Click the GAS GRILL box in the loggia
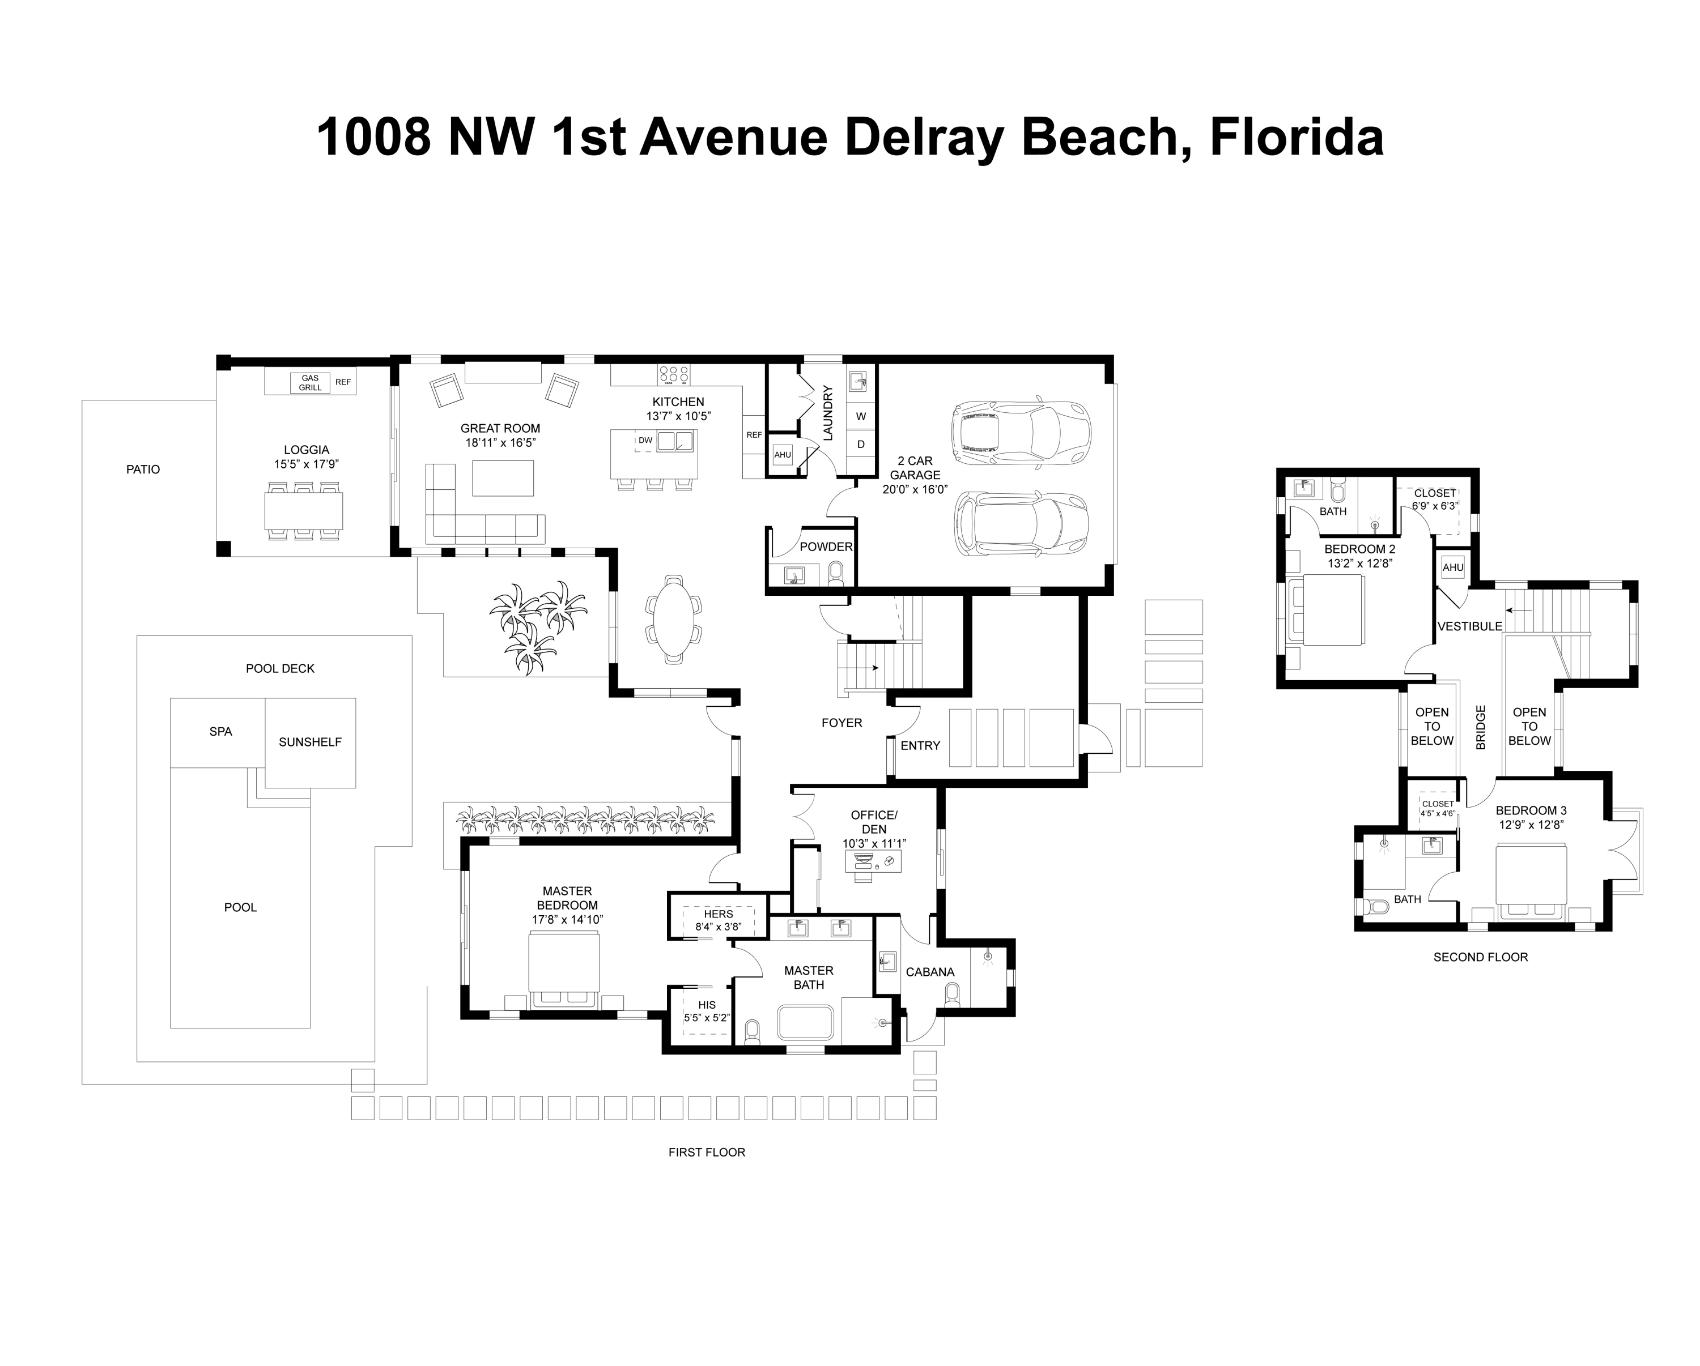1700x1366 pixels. coord(310,383)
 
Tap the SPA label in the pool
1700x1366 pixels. coord(221,732)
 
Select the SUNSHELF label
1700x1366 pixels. coord(310,742)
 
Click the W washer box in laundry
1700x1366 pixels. coord(861,416)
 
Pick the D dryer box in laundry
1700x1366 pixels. coord(861,445)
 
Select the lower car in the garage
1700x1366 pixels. coord(1021,523)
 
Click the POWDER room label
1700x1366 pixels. coord(826,547)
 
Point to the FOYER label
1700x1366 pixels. coord(841,723)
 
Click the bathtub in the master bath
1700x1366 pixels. coord(805,1023)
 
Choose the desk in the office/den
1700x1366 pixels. coord(872,863)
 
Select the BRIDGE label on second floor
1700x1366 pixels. coord(1480,728)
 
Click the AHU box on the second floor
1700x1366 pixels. coord(1452,567)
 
